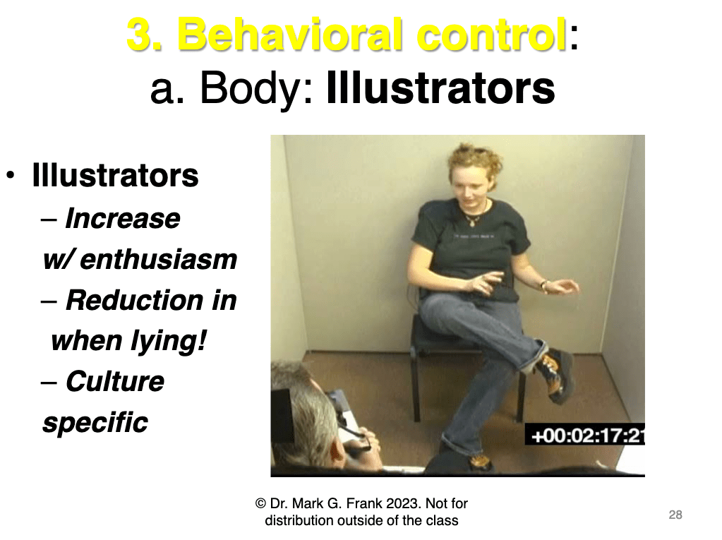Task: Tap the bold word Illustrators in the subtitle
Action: pos(440,88)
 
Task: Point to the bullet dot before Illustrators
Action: pos(11,176)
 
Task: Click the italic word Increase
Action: pos(123,218)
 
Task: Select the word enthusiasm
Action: pos(158,260)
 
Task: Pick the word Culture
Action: pos(114,382)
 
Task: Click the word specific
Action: pos(95,423)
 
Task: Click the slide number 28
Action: pos(675,515)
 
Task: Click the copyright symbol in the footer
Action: pos(260,503)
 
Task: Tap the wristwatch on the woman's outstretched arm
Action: pos(544,286)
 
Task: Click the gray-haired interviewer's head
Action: pos(306,414)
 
